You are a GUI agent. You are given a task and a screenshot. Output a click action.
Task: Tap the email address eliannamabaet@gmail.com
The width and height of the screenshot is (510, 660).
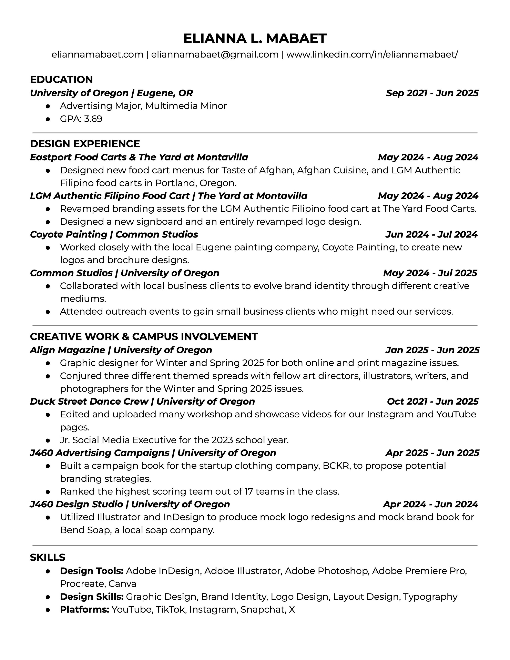(x=215, y=54)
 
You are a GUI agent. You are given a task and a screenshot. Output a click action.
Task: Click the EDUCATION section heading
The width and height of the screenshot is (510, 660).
(x=61, y=80)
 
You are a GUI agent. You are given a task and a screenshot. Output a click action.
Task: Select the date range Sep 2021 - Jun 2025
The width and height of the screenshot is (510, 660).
(x=432, y=93)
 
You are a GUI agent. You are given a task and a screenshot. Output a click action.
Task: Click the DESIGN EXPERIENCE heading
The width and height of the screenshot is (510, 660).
(x=85, y=144)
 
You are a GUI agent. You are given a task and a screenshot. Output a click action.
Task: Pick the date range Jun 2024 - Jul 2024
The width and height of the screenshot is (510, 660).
(x=431, y=234)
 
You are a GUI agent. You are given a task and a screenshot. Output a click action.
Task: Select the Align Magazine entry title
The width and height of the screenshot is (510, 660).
(x=121, y=350)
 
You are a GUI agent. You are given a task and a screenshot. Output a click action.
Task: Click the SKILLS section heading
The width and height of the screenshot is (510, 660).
(x=48, y=557)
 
